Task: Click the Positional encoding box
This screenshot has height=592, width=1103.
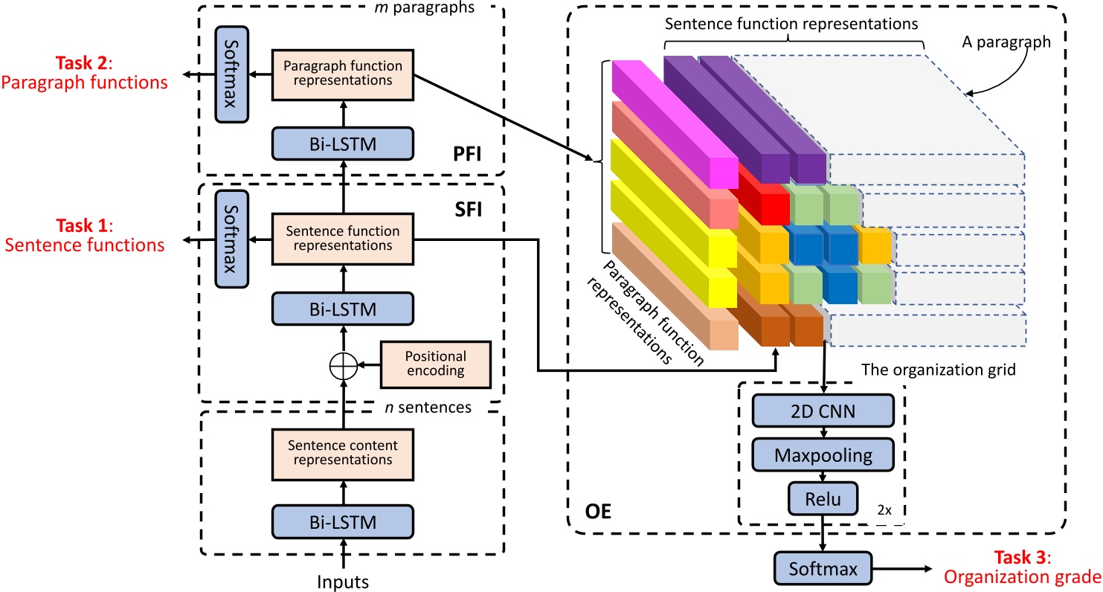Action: (436, 365)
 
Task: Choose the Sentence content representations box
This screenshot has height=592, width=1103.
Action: (343, 453)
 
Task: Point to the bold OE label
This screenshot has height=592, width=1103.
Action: (597, 512)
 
